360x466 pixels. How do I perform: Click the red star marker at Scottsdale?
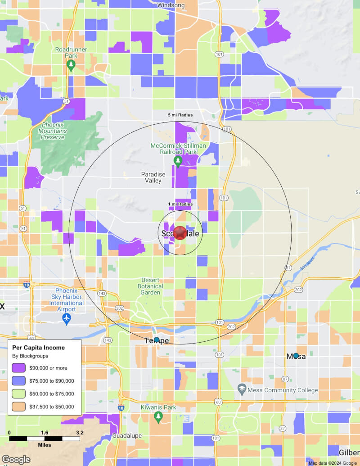[x=180, y=233]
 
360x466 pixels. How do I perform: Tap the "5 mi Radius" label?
[x=180, y=115]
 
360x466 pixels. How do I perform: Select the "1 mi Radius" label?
[x=180, y=204]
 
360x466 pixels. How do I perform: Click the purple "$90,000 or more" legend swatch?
[x=18, y=368]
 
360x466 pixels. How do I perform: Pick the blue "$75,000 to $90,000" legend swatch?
[x=18, y=381]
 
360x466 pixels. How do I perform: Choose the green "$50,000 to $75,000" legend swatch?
[x=18, y=394]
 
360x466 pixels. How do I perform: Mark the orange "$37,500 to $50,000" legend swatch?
[x=18, y=407]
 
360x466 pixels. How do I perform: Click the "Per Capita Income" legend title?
[x=38, y=348]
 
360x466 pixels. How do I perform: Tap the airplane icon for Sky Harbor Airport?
[x=67, y=319]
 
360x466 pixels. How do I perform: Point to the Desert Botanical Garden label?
[x=150, y=286]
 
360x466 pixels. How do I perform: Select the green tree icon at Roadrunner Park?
[x=71, y=65]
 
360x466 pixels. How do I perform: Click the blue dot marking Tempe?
[x=157, y=340]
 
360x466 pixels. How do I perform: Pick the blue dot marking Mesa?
[x=296, y=356]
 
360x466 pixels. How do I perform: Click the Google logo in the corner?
[x=16, y=459]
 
